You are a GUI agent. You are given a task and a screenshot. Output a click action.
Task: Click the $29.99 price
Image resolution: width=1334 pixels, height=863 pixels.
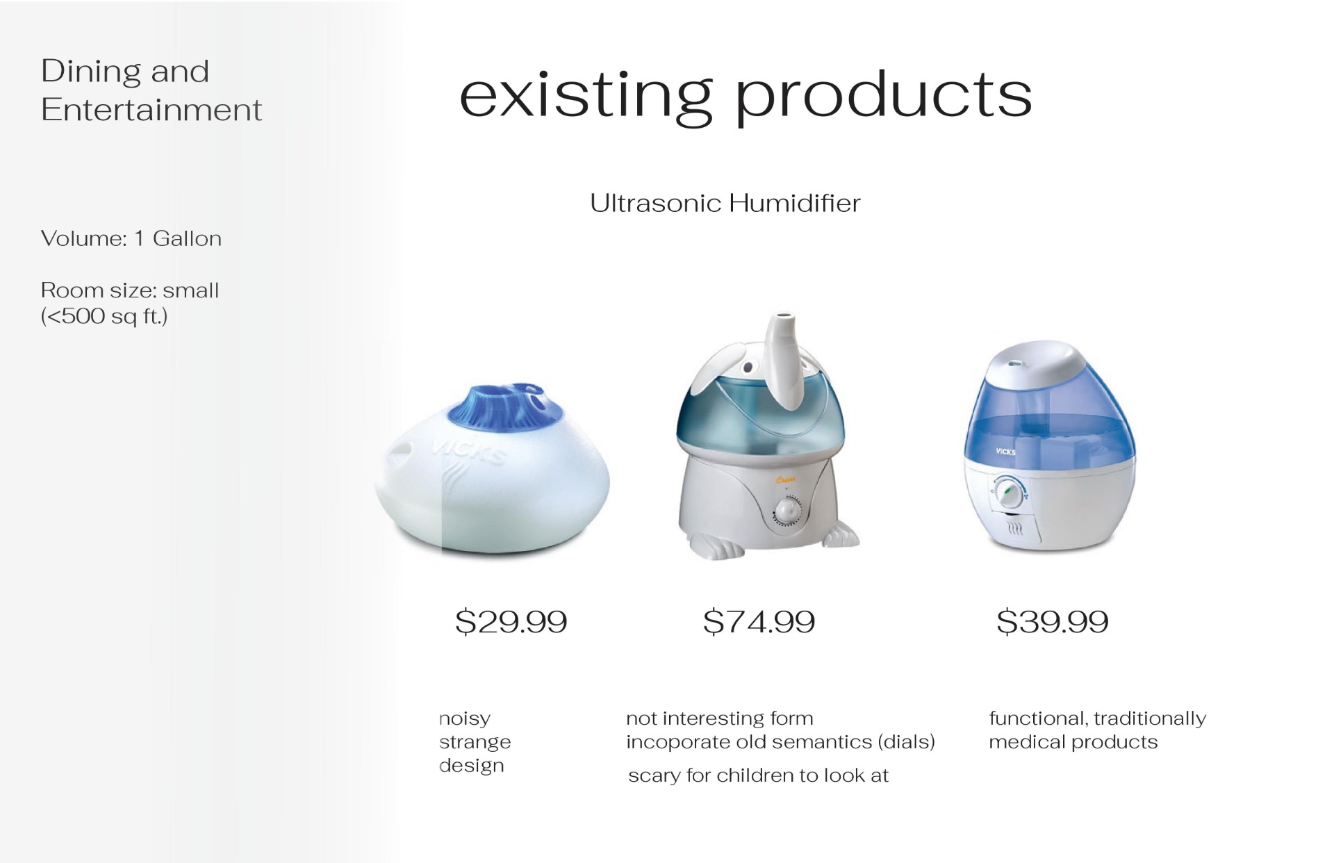click(511, 621)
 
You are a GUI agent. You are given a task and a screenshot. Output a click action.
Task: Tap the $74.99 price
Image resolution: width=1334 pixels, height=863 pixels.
click(759, 621)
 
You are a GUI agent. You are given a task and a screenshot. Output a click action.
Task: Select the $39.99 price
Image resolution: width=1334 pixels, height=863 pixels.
click(1053, 621)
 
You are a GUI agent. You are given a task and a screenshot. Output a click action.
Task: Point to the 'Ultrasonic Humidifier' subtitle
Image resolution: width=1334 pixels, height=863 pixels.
click(725, 203)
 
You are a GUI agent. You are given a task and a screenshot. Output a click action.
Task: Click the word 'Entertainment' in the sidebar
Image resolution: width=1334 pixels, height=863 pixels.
click(151, 110)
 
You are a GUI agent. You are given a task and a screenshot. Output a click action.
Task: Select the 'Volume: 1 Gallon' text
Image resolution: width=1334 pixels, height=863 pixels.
click(131, 238)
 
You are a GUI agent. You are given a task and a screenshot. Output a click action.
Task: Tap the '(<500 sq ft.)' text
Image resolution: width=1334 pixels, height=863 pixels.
click(104, 317)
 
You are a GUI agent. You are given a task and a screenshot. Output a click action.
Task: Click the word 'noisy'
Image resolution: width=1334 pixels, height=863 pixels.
click(464, 718)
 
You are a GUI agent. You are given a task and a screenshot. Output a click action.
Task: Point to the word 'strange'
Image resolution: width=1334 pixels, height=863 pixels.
click(475, 742)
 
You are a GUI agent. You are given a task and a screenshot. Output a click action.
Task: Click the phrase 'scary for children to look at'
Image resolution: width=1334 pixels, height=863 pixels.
click(758, 775)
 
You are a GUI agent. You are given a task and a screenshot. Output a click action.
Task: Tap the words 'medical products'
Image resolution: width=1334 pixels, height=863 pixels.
click(1073, 742)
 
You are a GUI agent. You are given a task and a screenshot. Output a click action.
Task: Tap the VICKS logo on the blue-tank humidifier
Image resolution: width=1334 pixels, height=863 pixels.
click(1005, 452)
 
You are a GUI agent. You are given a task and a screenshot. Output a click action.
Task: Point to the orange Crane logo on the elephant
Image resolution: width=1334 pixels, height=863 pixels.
click(784, 479)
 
